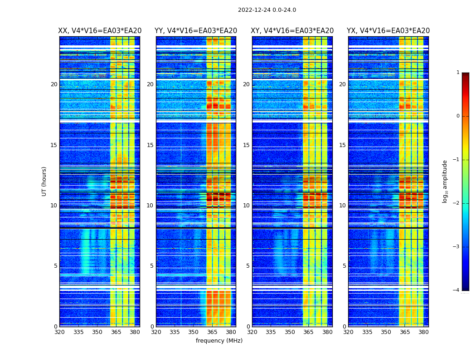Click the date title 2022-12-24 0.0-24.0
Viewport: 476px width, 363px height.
[267, 10]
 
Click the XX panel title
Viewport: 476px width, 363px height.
[100, 31]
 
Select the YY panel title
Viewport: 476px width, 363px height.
[196, 31]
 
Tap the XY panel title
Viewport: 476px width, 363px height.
[292, 31]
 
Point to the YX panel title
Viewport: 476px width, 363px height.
[388, 31]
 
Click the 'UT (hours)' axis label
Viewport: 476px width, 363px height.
[44, 181]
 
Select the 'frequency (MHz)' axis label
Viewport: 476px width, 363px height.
[219, 341]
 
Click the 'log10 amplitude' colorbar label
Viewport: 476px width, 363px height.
[445, 181]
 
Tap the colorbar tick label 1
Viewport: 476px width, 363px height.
[458, 73]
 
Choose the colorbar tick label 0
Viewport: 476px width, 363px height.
[458, 116]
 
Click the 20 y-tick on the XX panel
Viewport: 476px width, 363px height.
[54, 84]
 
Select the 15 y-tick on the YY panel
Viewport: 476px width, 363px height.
[150, 145]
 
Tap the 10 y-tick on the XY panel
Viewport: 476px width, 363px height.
[246, 206]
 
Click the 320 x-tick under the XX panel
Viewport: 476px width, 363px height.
[59, 332]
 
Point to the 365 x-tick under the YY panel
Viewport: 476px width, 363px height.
[212, 332]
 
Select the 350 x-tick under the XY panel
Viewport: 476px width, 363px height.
[290, 332]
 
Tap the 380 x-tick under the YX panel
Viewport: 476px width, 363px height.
[423, 332]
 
